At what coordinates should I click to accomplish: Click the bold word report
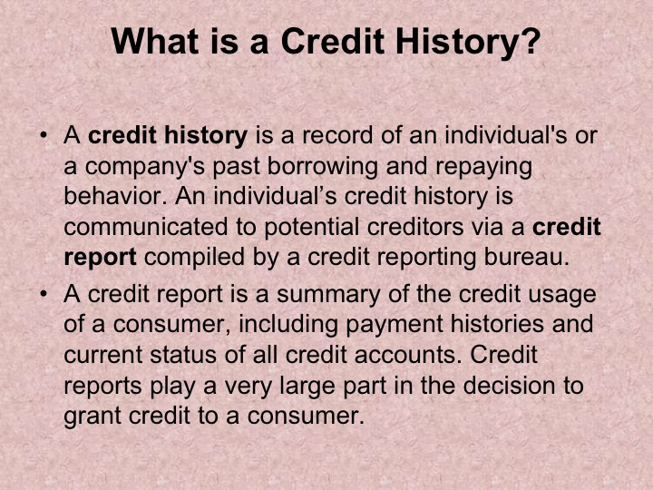point(100,257)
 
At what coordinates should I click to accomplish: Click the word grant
point(89,416)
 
